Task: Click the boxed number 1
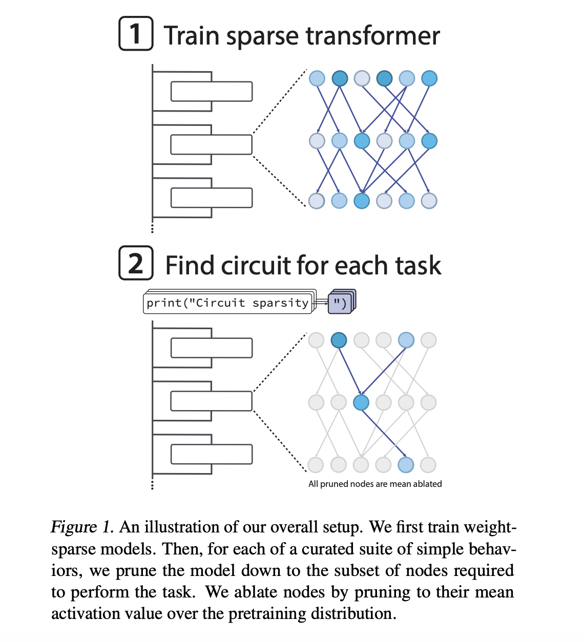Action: pyautogui.click(x=136, y=34)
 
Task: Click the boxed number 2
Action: pyautogui.click(x=136, y=263)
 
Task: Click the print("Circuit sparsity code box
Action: pyautogui.click(x=227, y=303)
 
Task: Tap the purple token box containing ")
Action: pyautogui.click(x=340, y=303)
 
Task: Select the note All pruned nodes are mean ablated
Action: pyautogui.click(x=375, y=484)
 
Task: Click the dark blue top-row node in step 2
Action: pyautogui.click(x=339, y=340)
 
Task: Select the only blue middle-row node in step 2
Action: pyautogui.click(x=361, y=402)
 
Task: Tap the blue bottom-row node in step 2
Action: pyautogui.click(x=406, y=465)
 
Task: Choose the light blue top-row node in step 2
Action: pyautogui.click(x=406, y=340)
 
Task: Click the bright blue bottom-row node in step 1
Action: pyautogui.click(x=362, y=201)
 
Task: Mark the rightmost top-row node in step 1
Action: pyautogui.click(x=429, y=78)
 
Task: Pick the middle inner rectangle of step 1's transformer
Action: pyautogui.click(x=211, y=144)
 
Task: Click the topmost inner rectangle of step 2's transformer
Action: pyautogui.click(x=211, y=348)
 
